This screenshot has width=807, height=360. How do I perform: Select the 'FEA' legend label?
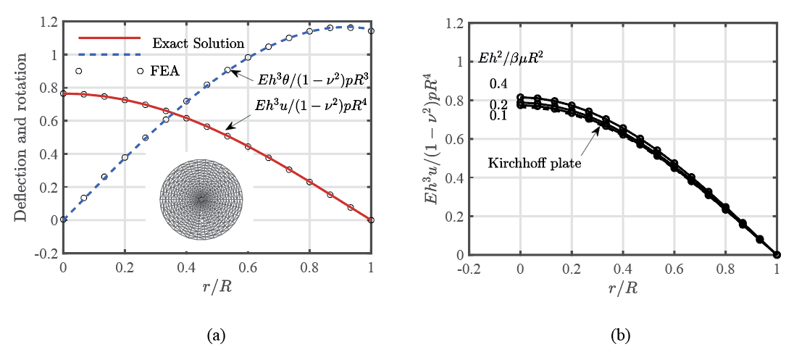(x=165, y=71)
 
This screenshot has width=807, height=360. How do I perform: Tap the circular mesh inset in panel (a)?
(x=202, y=198)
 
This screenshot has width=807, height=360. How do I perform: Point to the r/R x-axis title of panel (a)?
(x=217, y=285)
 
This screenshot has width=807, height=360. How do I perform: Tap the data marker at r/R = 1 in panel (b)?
(x=777, y=254)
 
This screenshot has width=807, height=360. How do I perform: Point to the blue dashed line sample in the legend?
(x=109, y=54)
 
